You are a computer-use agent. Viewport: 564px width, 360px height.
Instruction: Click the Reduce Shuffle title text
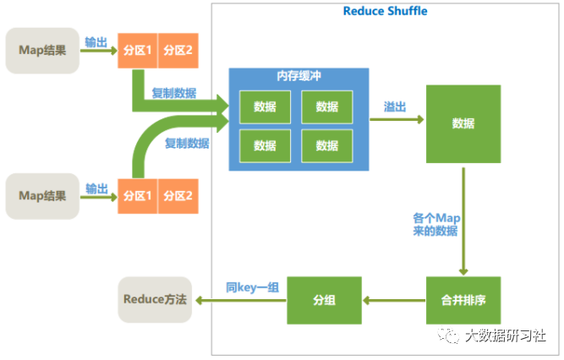click(385, 11)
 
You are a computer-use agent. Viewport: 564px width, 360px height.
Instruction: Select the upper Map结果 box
click(42, 51)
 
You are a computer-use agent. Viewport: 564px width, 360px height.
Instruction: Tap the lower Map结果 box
click(42, 196)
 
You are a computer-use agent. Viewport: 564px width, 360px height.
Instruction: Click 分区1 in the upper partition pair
click(137, 51)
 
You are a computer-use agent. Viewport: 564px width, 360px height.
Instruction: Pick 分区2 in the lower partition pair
click(178, 196)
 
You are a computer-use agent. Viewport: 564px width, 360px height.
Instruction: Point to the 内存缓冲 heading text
click(298, 76)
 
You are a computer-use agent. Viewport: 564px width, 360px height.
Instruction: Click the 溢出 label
click(395, 106)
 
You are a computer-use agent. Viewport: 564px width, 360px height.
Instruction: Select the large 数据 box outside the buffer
click(463, 123)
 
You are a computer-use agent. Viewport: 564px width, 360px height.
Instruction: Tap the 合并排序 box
click(463, 300)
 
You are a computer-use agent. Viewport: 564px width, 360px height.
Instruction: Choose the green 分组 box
click(324, 300)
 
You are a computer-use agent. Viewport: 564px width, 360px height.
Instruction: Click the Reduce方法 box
click(154, 299)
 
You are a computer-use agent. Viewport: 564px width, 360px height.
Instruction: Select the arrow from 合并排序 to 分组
click(394, 300)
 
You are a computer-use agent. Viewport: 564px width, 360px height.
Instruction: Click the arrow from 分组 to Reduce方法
click(240, 300)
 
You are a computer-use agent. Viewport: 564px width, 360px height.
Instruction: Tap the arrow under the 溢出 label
click(397, 120)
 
